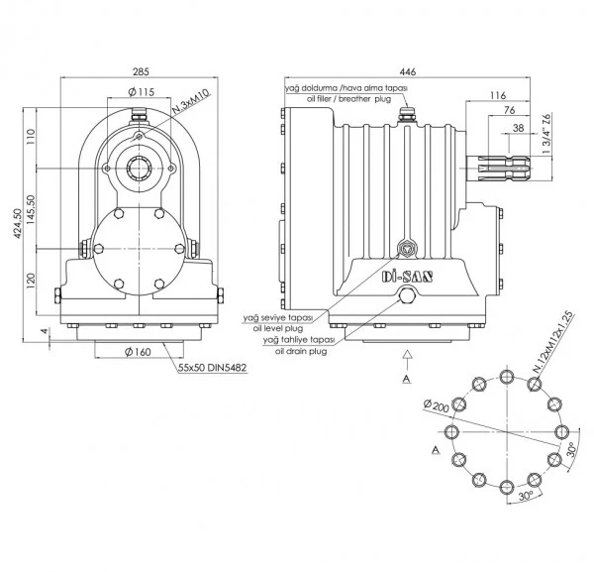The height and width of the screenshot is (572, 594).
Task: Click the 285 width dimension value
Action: [141, 71]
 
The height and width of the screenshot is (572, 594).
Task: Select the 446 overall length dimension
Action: [408, 71]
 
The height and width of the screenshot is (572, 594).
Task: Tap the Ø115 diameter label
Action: [142, 92]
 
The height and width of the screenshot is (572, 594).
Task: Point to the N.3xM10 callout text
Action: [190, 103]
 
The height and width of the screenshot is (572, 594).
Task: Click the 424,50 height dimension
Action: [18, 223]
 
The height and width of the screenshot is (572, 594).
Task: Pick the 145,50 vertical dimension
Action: [31, 209]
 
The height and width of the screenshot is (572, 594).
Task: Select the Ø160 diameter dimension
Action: [138, 352]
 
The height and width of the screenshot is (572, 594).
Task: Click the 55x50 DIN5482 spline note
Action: [213, 367]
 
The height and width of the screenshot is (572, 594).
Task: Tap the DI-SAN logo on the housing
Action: [407, 277]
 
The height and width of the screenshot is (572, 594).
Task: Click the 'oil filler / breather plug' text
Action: [348, 99]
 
